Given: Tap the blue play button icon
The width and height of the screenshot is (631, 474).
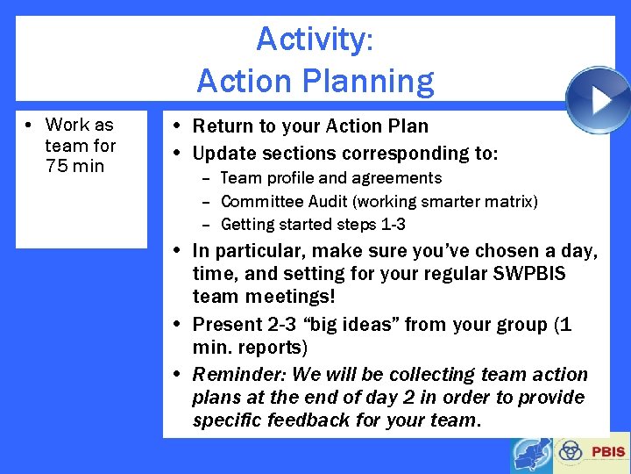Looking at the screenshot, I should point(598,100).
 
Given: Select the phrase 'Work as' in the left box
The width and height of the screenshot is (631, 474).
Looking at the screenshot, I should point(80,125).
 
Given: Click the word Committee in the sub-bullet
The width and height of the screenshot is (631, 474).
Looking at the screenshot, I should point(261,201).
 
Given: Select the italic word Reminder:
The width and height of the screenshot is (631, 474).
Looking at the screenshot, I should point(239,374).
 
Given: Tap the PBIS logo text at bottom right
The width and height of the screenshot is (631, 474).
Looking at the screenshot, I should point(608,452).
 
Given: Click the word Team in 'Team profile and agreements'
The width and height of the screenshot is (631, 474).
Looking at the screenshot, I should point(239,178).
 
